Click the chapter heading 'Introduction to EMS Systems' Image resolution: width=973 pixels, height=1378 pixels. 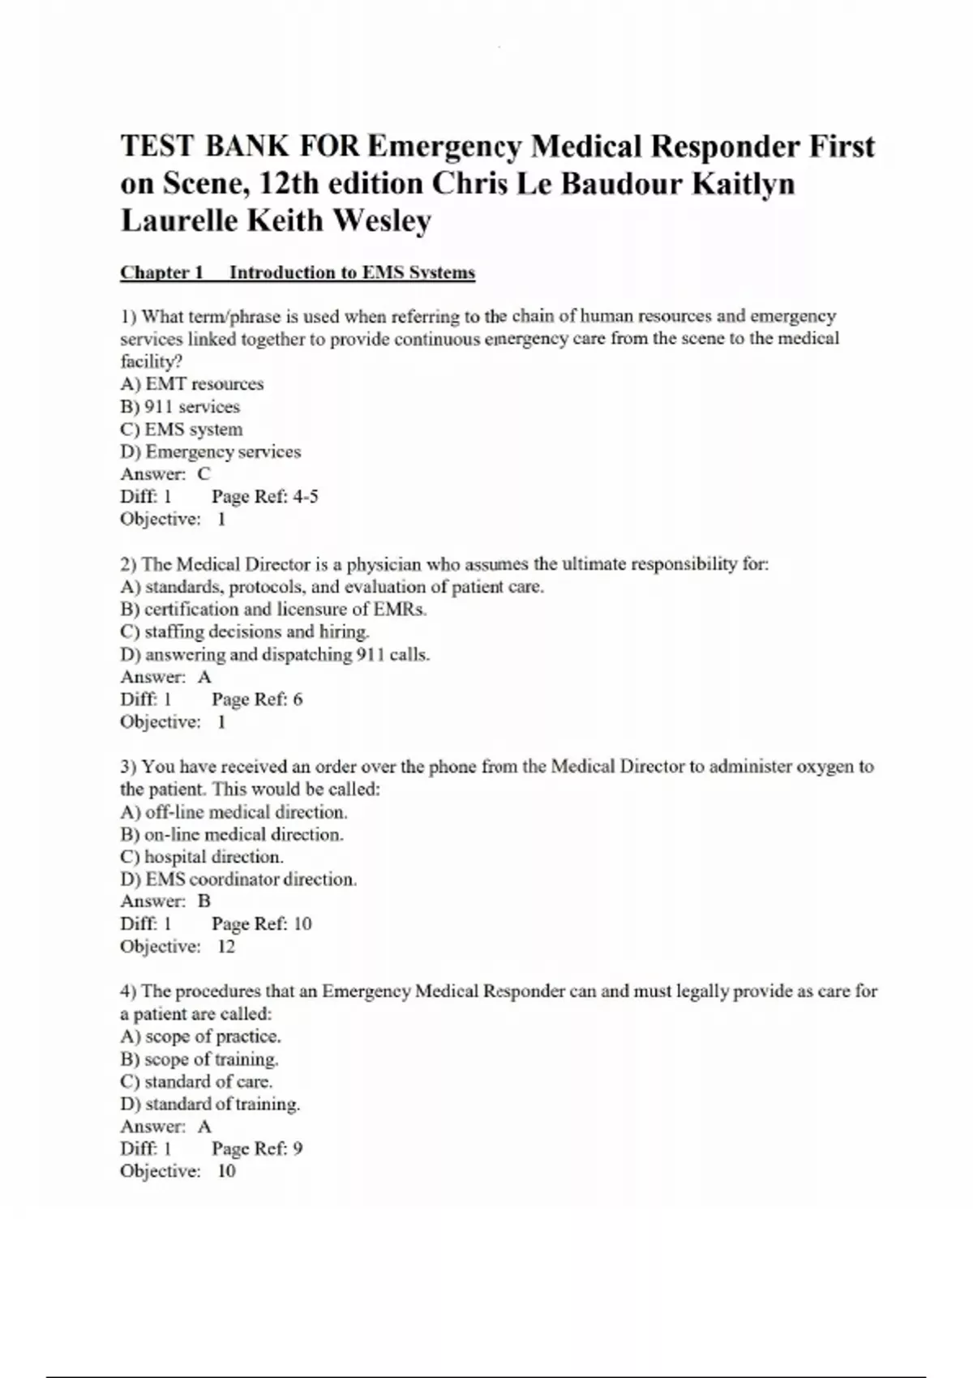click(x=352, y=272)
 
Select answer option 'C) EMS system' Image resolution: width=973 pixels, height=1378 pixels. click(x=182, y=429)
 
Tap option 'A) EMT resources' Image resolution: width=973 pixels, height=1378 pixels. click(x=192, y=383)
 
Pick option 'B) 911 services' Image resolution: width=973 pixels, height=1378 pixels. click(x=180, y=406)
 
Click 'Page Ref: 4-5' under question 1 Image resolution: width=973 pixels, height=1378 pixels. click(x=265, y=496)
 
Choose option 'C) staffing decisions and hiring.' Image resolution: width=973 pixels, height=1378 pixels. click(x=245, y=631)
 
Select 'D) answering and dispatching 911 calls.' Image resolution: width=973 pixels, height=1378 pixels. click(x=275, y=654)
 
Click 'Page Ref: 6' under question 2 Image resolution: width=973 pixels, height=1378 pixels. click(x=257, y=699)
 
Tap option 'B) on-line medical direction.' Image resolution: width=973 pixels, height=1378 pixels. click(x=232, y=834)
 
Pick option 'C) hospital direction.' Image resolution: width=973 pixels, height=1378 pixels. click(x=202, y=857)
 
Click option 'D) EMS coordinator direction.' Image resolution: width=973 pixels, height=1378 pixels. click(x=238, y=879)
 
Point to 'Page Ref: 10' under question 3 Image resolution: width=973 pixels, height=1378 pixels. click(x=261, y=923)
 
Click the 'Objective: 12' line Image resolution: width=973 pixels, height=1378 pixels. click(x=178, y=946)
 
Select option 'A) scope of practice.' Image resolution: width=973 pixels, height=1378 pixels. click(x=201, y=1036)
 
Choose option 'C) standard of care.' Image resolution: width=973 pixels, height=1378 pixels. click(x=196, y=1081)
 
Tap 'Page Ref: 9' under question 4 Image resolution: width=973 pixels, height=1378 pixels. click(x=257, y=1148)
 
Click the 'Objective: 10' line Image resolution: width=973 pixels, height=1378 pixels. click(x=178, y=1170)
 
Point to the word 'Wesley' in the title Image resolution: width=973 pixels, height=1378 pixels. click(x=382, y=220)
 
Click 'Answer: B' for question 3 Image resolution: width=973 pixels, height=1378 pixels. click(x=165, y=901)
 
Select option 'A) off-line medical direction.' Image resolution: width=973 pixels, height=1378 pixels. click(x=234, y=811)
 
